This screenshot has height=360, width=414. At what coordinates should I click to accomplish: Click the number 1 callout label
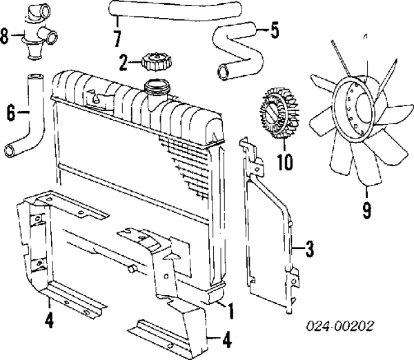click(x=230, y=311)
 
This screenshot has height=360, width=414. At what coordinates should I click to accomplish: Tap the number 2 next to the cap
click(x=124, y=64)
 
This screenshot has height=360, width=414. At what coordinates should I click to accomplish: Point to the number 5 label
click(x=275, y=31)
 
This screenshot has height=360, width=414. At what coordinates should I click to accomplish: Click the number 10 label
click(x=284, y=163)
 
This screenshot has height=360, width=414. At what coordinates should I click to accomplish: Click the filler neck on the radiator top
click(x=157, y=90)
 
